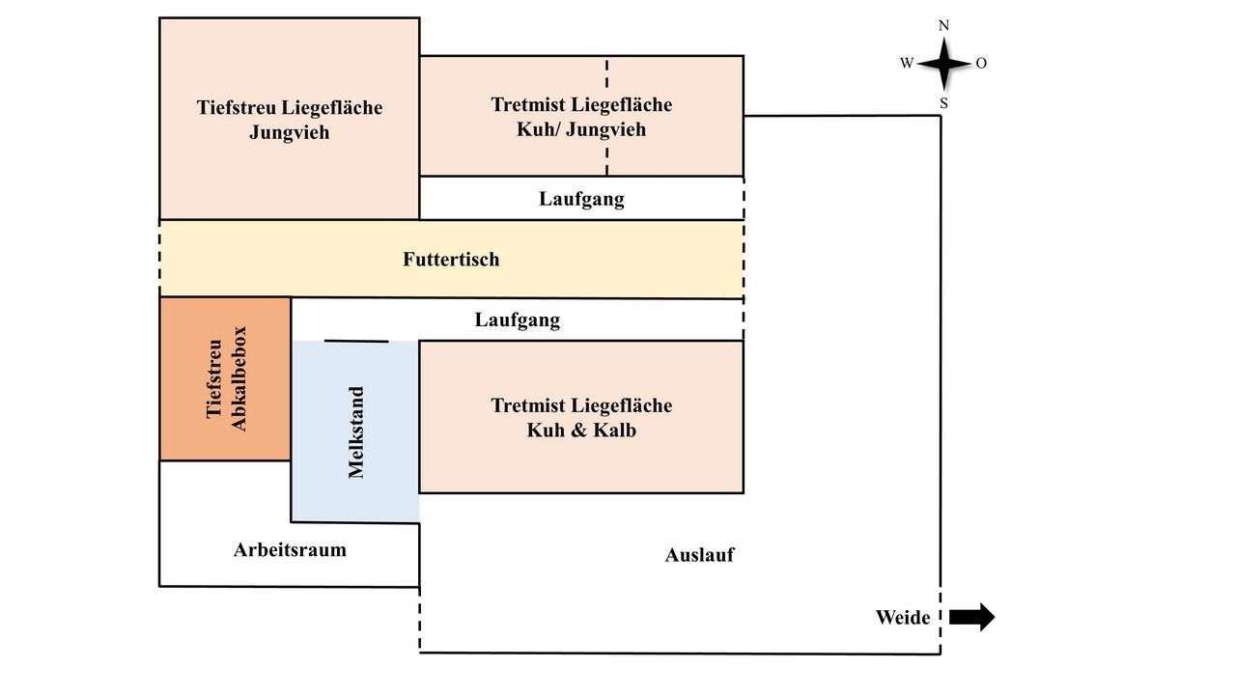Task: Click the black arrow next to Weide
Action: click(x=971, y=617)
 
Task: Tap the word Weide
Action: click(x=903, y=617)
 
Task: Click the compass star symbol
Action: click(x=944, y=64)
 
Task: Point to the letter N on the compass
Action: click(x=943, y=25)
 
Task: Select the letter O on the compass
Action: click(x=981, y=64)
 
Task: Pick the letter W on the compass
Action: click(x=907, y=64)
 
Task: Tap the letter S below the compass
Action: click(x=944, y=103)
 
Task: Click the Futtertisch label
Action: click(x=451, y=260)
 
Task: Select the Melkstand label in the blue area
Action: click(x=356, y=431)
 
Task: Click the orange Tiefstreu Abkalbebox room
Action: click(x=225, y=379)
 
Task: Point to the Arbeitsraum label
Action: click(x=290, y=550)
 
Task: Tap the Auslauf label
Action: click(x=699, y=555)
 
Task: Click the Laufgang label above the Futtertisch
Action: click(x=581, y=199)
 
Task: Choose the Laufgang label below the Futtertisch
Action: click(x=517, y=320)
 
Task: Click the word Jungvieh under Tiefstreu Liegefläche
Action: click(x=289, y=132)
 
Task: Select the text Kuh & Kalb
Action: click(x=581, y=431)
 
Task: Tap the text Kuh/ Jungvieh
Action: click(x=581, y=129)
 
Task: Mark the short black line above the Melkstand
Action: click(x=356, y=342)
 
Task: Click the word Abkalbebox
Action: click(x=239, y=379)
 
